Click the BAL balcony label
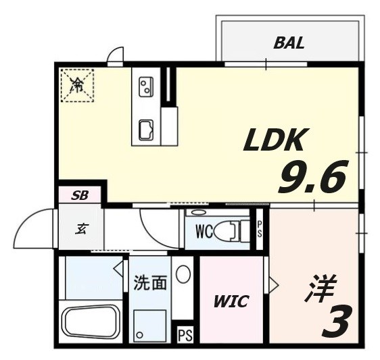click(289, 43)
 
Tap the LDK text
click(276, 140)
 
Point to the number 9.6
click(312, 177)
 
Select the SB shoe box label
click(80, 197)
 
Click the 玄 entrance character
click(80, 228)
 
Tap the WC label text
click(205, 232)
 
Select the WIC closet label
click(231, 301)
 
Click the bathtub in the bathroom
click(90, 324)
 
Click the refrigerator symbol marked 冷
click(78, 85)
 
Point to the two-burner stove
click(145, 86)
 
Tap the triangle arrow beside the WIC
click(272, 284)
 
